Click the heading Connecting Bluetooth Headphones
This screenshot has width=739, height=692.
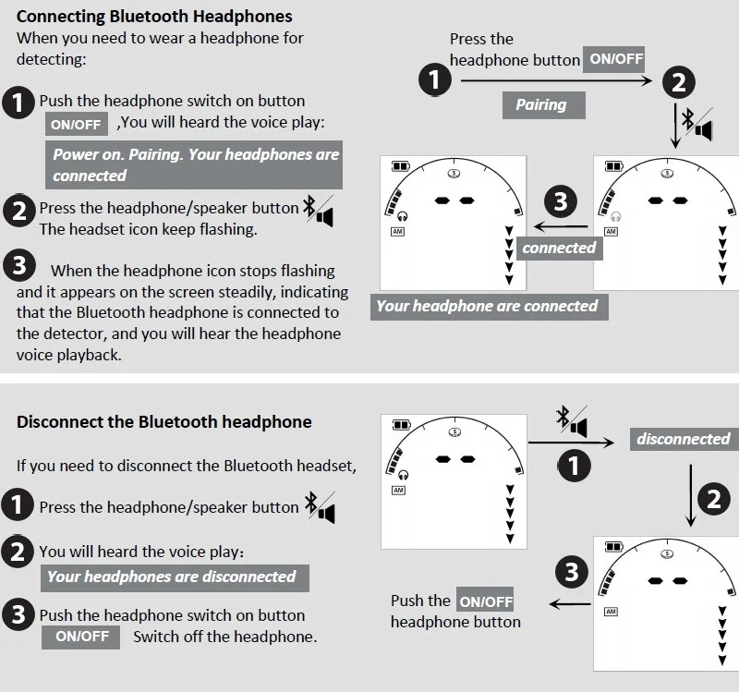(154, 17)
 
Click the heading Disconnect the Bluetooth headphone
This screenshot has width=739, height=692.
(164, 421)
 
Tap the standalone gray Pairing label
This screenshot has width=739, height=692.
(544, 105)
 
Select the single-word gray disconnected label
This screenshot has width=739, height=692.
(684, 440)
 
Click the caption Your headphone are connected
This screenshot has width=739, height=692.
(490, 307)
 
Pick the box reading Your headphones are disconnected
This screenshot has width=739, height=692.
(175, 578)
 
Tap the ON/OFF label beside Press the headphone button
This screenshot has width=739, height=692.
(613, 59)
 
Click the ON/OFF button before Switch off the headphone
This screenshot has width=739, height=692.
(80, 637)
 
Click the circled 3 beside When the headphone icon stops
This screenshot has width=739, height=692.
(19, 264)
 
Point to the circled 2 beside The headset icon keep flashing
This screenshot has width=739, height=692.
(18, 211)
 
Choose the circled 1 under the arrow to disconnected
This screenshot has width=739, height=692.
(574, 466)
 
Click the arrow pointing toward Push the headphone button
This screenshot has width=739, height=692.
(570, 604)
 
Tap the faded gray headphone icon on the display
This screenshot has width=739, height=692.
(615, 216)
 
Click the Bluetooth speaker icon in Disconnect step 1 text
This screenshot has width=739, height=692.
(320, 507)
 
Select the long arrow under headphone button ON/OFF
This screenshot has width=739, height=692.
(556, 80)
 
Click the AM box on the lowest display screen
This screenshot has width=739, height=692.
(611, 612)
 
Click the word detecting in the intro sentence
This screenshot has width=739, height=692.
(52, 60)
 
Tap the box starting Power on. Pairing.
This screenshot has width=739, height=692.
(194, 165)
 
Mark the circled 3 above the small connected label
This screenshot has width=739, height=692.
(561, 201)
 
